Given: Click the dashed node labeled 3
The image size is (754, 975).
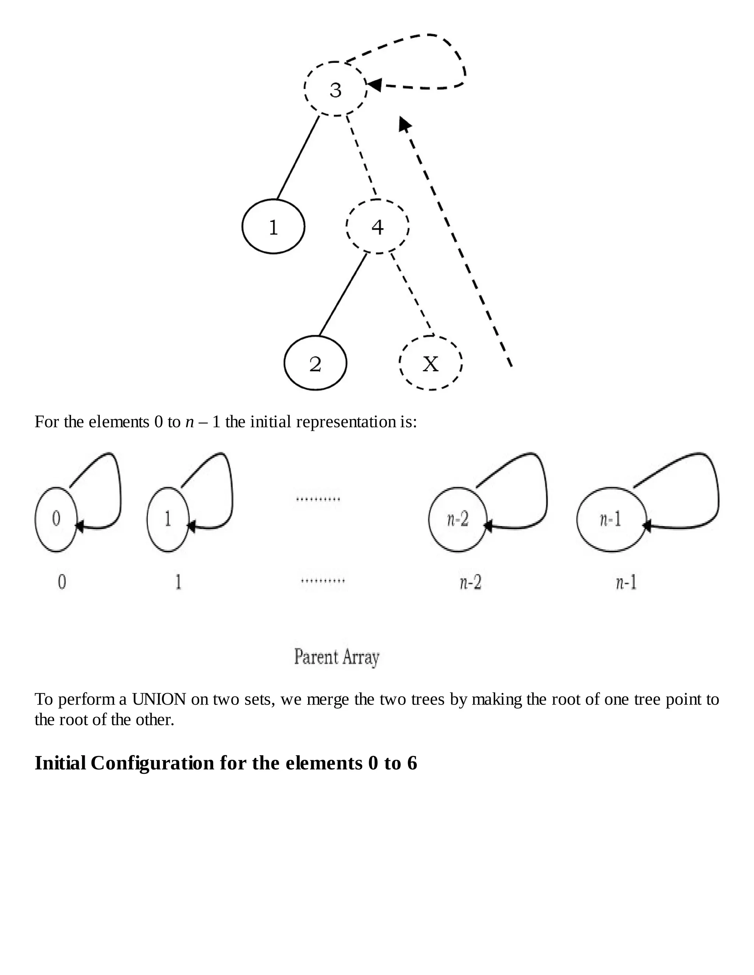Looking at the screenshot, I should point(335,89).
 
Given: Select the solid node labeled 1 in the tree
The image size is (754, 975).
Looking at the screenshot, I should point(274,226).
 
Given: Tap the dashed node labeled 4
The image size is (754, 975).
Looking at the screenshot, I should point(377,226).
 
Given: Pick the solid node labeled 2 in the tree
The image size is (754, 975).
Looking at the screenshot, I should point(316,364).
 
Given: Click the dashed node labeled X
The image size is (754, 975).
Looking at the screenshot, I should point(430,364).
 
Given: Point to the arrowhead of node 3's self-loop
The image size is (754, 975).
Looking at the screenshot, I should point(373,84).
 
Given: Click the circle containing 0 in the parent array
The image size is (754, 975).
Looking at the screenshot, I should point(56,519).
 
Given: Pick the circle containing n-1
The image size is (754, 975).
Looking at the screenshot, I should point(611,519).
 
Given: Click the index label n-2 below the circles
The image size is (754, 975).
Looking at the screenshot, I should point(471,582).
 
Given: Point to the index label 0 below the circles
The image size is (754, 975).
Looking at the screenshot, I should point(62,582).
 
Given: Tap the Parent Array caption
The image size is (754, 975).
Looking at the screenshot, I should point(337,657).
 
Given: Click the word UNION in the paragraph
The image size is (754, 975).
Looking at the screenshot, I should point(159,699).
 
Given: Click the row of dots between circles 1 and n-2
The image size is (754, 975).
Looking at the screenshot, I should point(318,499).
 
